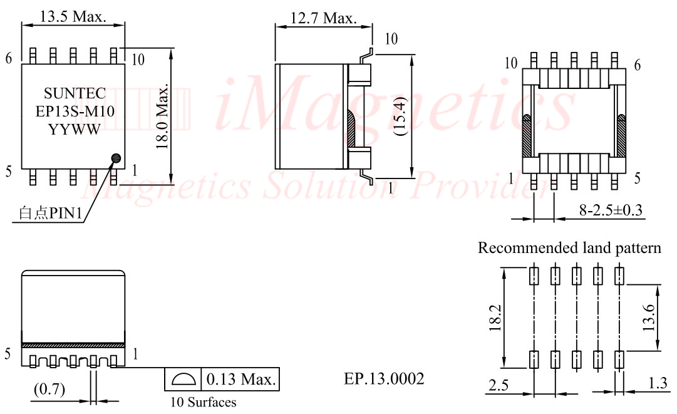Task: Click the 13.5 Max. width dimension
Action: click(73, 16)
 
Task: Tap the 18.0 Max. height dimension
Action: click(162, 117)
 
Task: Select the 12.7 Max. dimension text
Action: click(323, 18)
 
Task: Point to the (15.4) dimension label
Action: click(401, 116)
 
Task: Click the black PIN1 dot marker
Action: click(116, 158)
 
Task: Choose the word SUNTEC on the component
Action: click(75, 93)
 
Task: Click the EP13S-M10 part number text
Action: click(75, 111)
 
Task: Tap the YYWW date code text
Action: click(75, 130)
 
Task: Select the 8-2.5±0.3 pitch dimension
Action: click(611, 210)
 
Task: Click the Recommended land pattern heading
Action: click(569, 248)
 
